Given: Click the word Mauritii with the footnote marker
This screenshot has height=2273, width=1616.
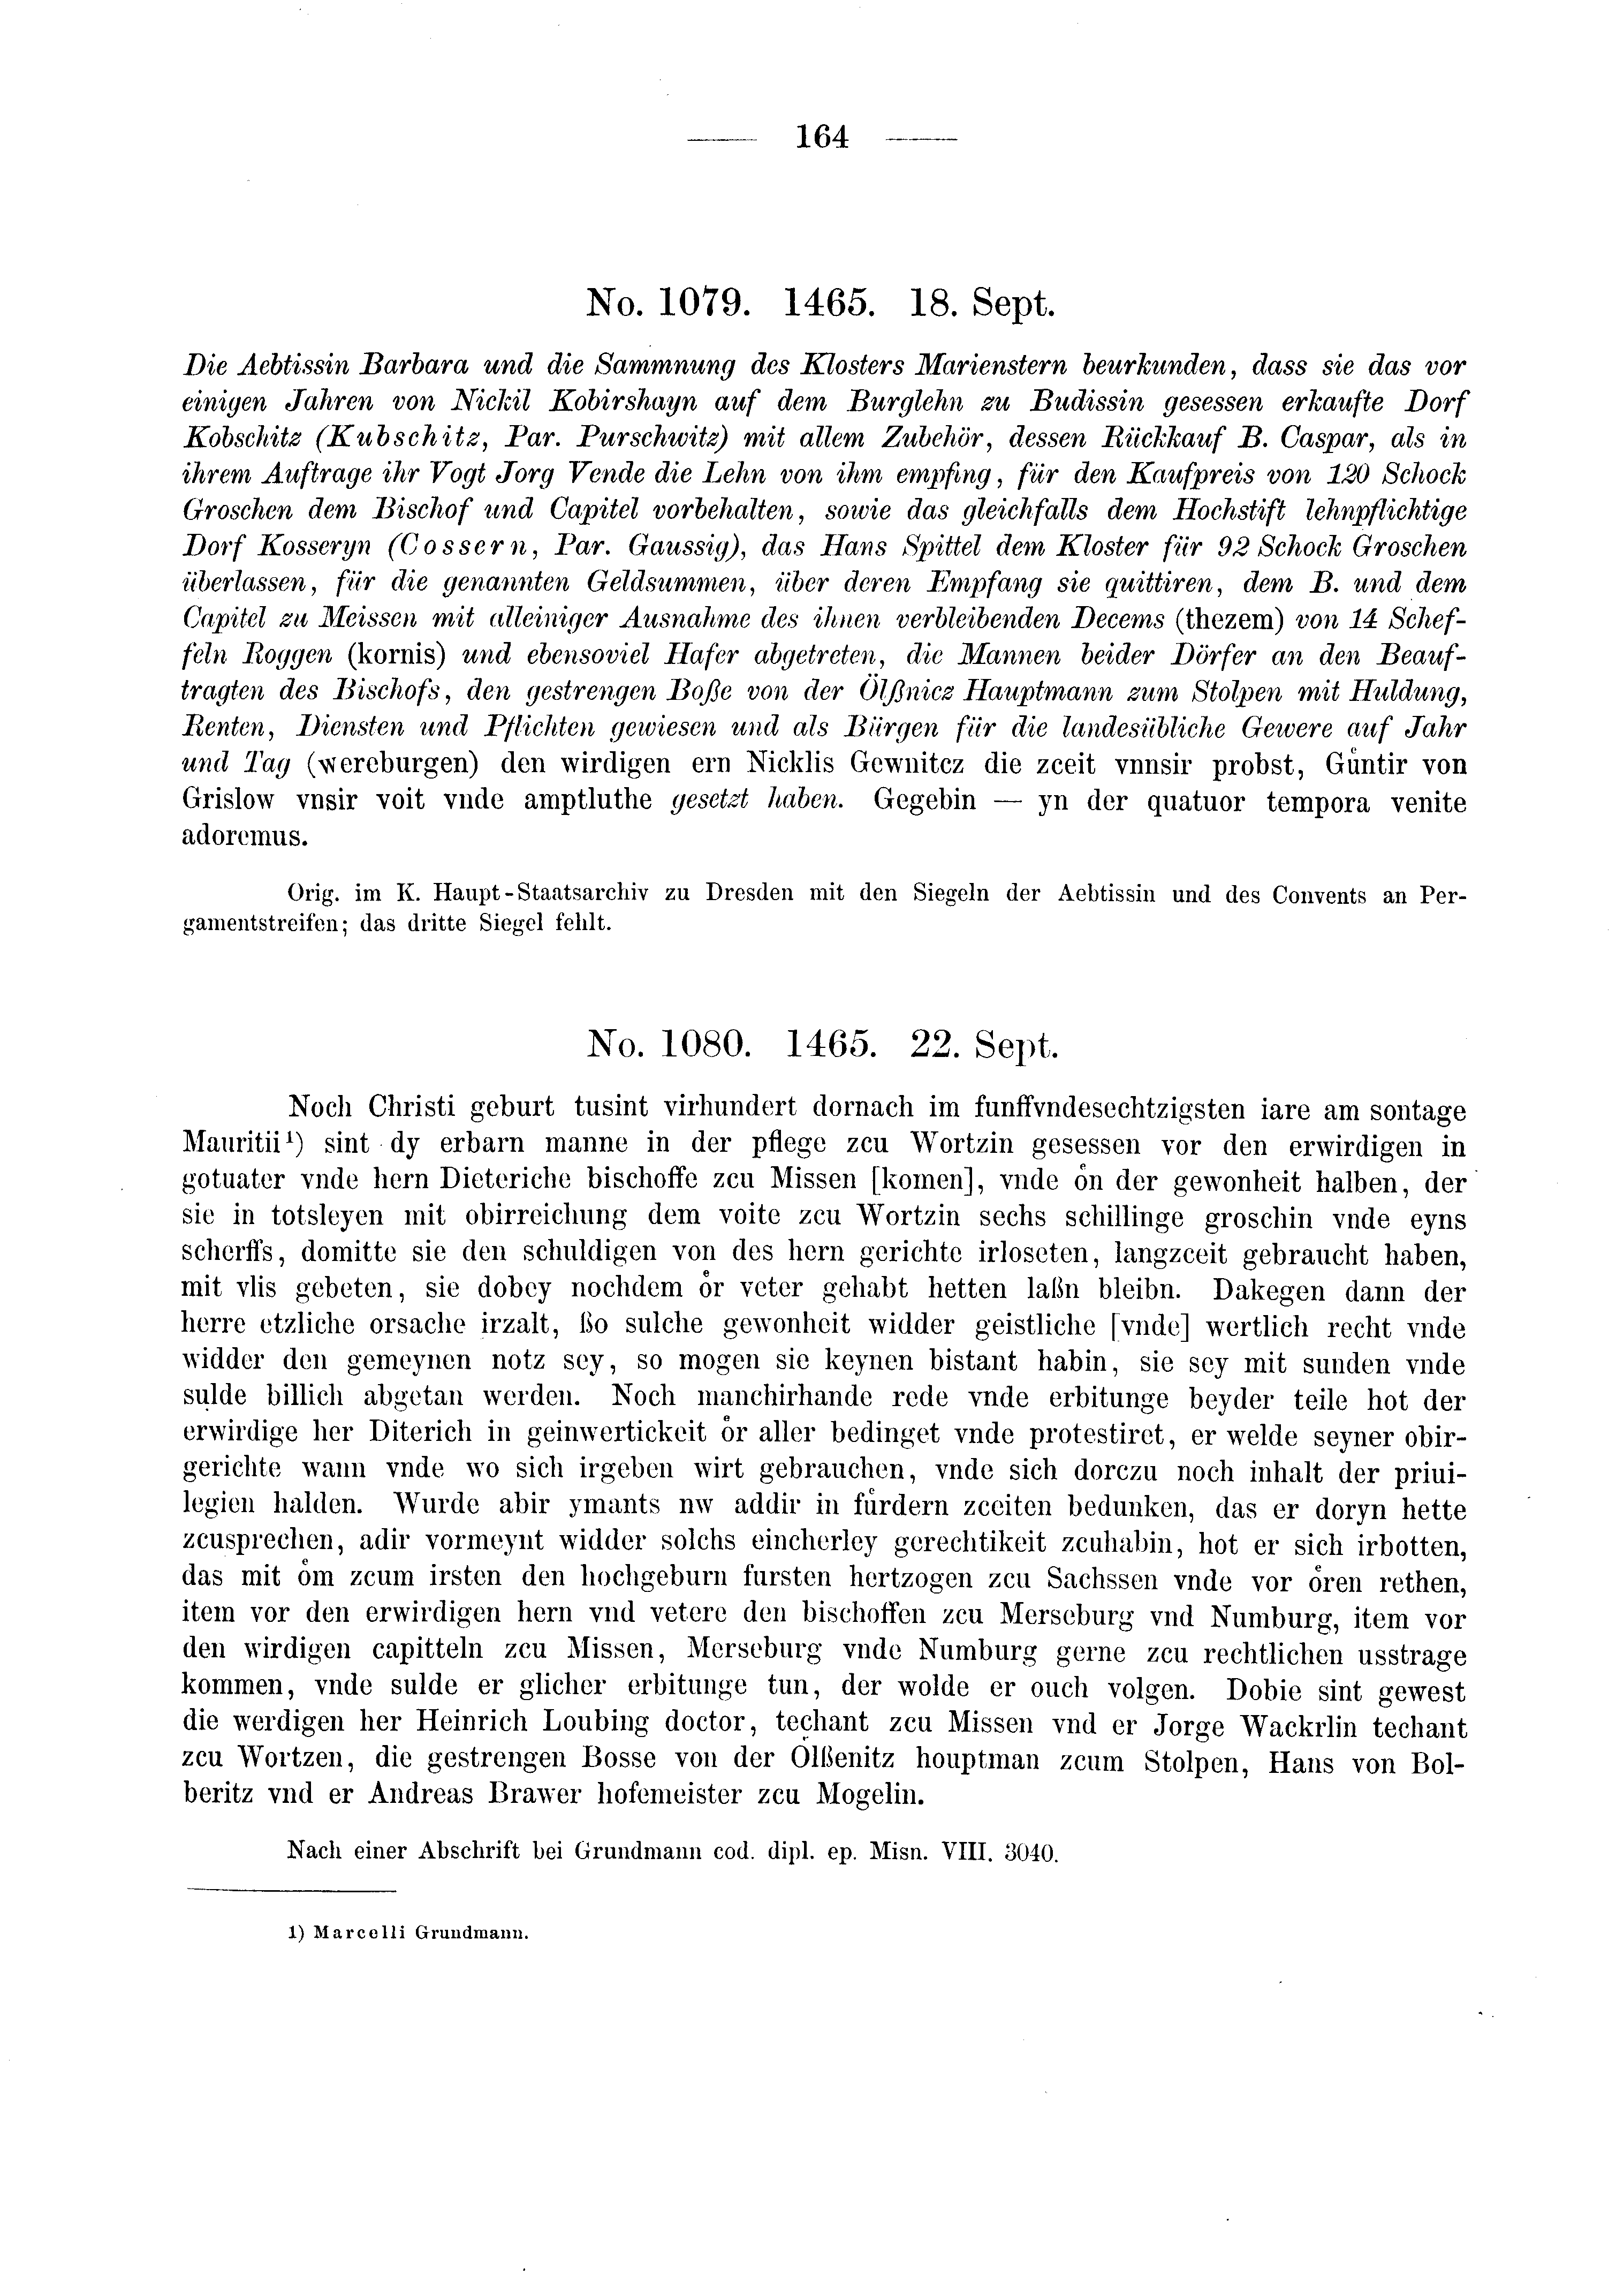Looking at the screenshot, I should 236,1144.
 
